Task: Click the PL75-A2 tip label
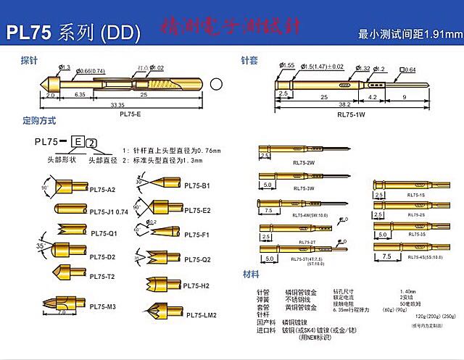(102, 190)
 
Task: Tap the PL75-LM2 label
(201, 315)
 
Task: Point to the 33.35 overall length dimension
(116, 105)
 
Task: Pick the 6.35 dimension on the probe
(80, 94)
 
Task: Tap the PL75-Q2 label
(196, 259)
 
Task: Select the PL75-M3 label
(102, 306)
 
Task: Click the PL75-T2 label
(102, 276)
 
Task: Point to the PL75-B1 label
(196, 186)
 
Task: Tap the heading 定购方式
(39, 121)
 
